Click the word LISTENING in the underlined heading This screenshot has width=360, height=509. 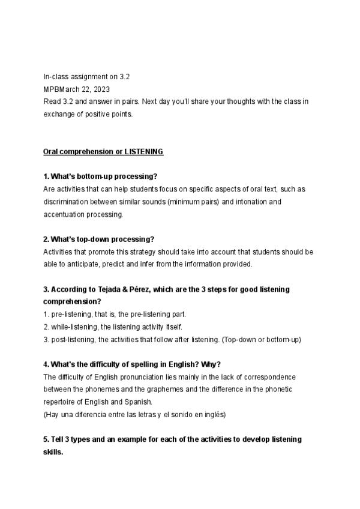pyautogui.click(x=143, y=152)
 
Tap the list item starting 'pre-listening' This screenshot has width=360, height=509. pyautogui.click(x=115, y=315)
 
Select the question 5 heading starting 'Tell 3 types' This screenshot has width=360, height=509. pyautogui.click(x=172, y=440)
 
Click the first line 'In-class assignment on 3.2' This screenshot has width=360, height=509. pyautogui.click(x=86, y=77)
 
